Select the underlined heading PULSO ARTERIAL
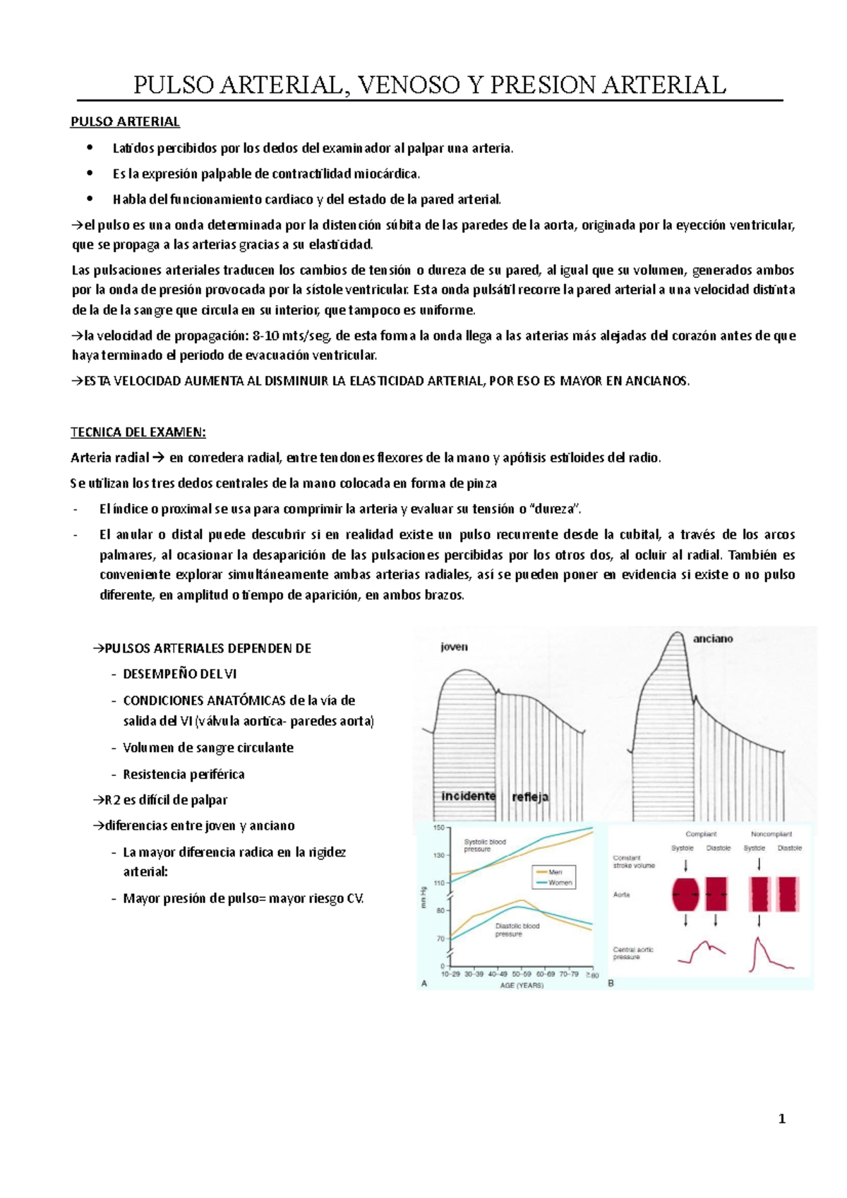pos(125,121)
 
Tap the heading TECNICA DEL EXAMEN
pos(138,432)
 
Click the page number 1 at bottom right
pos(781,1118)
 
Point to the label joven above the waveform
pos(454,646)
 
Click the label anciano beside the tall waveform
pos(712,639)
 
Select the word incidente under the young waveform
pos(468,796)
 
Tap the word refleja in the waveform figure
pos(530,797)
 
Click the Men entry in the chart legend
pos(555,872)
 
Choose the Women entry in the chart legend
pos(559,883)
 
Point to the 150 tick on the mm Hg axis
pos(439,828)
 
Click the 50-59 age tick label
pos(521,974)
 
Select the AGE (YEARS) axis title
pos(522,985)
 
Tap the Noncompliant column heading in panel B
pos(771,833)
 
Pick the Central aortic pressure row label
pos(633,953)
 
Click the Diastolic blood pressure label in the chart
pos(517,930)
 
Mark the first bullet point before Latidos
pos(88,148)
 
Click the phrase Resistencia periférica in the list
pos(184,774)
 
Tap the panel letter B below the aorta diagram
pos(611,983)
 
